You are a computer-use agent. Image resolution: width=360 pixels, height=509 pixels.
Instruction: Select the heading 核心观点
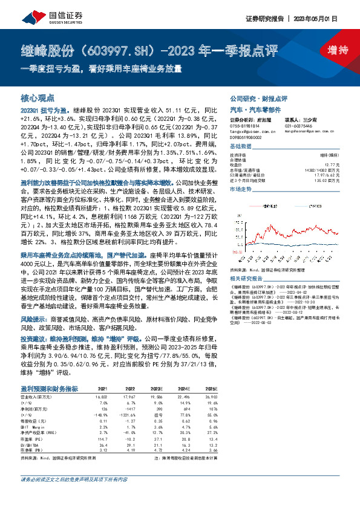pos(38,97)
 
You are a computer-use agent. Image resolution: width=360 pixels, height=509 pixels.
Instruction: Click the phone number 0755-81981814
pos(247,125)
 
